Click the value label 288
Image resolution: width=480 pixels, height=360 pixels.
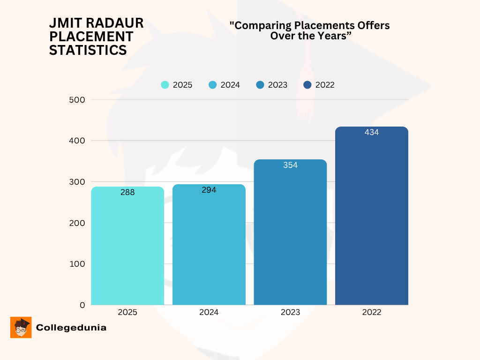127,192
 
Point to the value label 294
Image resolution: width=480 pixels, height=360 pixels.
209,190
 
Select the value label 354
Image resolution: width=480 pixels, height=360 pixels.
290,165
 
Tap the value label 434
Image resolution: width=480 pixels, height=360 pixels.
372,132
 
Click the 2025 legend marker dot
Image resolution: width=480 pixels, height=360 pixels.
165,85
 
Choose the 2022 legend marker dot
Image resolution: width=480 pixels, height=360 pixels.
307,85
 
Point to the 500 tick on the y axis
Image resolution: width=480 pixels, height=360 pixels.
75,99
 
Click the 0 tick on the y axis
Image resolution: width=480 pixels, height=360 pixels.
82,305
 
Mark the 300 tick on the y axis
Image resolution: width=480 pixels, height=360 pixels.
75,181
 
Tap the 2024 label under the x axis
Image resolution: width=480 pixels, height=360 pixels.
209,312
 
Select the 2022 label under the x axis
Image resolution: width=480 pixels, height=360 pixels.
372,312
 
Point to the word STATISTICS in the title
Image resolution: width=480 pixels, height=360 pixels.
88,50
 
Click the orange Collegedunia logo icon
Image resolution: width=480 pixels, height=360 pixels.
21,327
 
